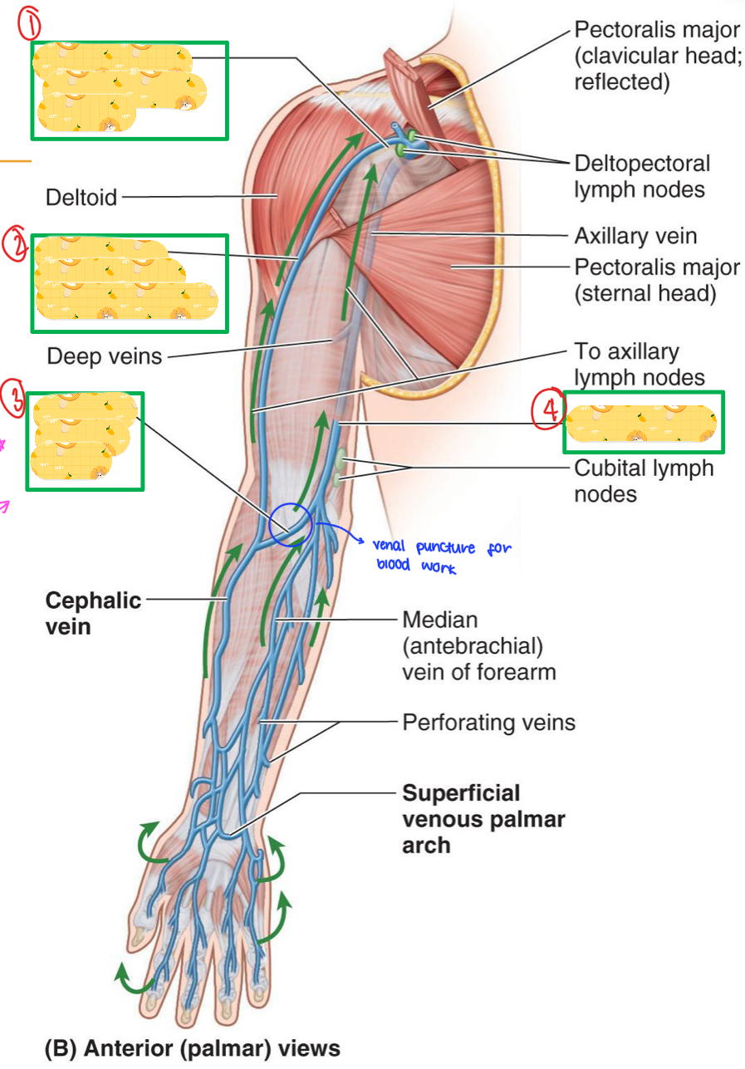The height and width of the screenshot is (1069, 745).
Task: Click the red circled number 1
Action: (30, 27)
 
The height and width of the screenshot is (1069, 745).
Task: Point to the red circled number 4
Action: (548, 411)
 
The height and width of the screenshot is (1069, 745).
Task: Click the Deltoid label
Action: (81, 198)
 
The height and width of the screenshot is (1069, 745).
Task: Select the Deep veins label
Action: (104, 356)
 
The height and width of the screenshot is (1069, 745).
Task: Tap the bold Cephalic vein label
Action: (93, 613)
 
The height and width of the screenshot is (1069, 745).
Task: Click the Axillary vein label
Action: (635, 237)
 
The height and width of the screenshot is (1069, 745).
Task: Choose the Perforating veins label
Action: (488, 722)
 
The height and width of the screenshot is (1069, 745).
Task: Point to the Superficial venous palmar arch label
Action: (483, 819)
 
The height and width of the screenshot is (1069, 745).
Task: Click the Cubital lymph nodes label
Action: (643, 480)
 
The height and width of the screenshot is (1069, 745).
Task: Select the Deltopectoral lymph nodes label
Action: (641, 176)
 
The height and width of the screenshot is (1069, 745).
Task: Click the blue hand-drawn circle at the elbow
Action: (290, 524)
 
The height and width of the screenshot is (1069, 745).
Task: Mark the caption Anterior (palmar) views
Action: (192, 1048)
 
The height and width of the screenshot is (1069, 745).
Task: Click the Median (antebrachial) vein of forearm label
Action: (478, 645)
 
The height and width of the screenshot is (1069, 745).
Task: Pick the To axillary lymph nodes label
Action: (639, 365)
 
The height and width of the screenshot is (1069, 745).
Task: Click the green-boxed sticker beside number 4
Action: (642, 422)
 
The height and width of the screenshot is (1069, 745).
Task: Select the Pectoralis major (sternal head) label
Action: (656, 281)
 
